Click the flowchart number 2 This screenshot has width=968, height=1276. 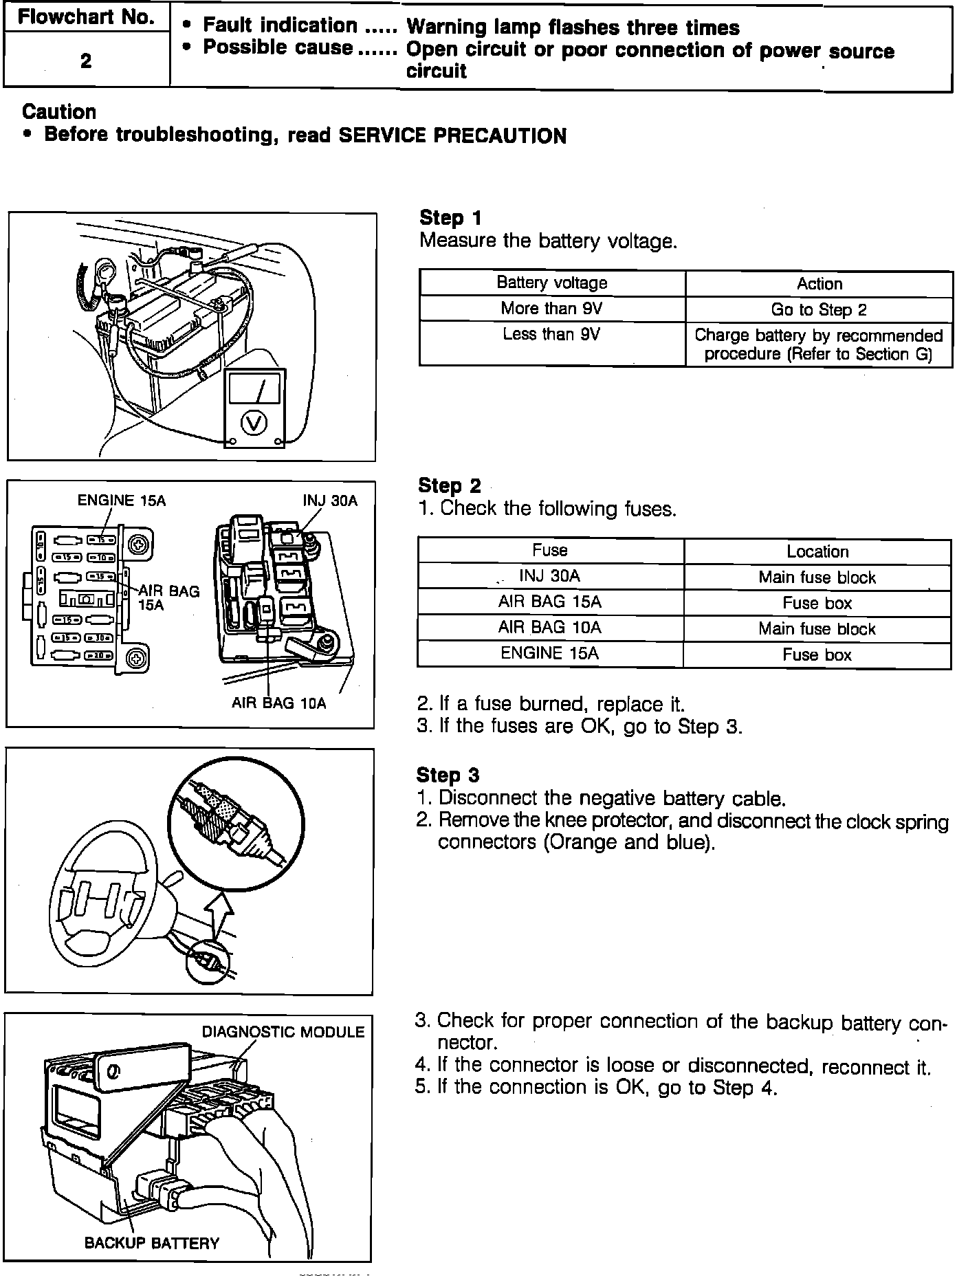(x=86, y=61)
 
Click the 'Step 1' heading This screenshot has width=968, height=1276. (x=450, y=218)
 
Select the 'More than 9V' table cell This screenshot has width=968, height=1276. (x=551, y=308)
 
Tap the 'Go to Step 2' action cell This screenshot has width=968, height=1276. (x=819, y=309)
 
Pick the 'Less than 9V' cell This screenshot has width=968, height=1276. (x=551, y=334)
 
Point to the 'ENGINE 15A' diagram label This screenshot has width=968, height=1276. (x=122, y=500)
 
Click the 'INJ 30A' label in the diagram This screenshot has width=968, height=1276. (x=330, y=500)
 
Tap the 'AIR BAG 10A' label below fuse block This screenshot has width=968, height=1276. (x=278, y=703)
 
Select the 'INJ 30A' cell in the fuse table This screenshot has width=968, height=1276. (x=549, y=576)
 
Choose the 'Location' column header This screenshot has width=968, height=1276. (x=817, y=551)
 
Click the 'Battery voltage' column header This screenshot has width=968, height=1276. (x=551, y=283)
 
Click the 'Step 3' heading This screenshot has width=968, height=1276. (x=448, y=775)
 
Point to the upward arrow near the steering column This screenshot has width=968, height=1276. (x=219, y=914)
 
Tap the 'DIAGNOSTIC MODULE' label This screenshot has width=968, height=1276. (x=283, y=1031)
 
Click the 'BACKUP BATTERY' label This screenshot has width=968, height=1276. (x=151, y=1243)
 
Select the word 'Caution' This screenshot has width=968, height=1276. (x=59, y=111)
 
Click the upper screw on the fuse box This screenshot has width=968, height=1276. (x=139, y=545)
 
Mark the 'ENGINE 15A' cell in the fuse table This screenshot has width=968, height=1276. (x=549, y=653)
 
